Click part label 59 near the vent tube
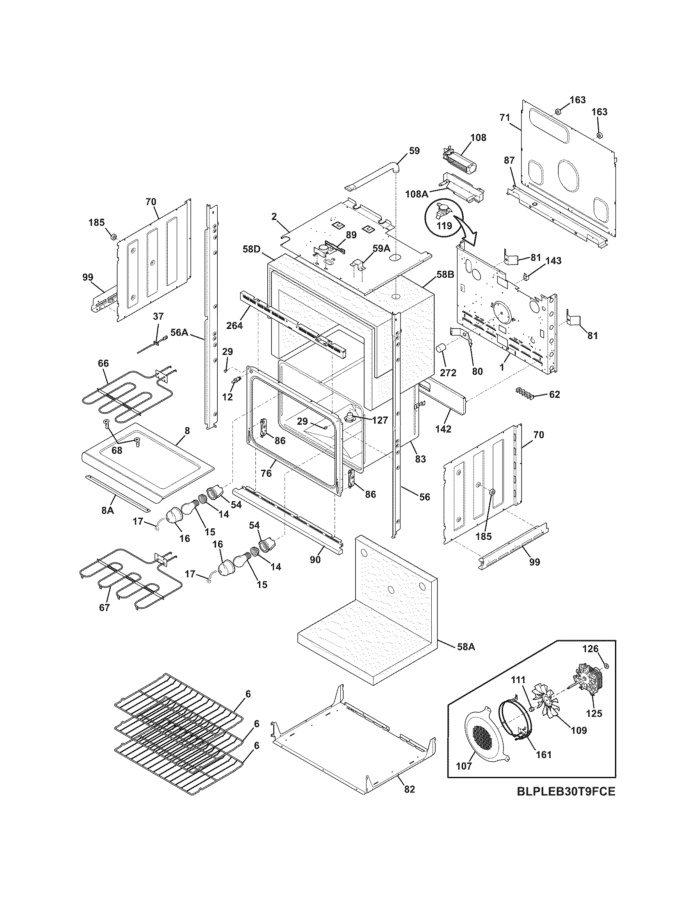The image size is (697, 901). coord(414,151)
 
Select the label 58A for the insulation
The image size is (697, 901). coord(466,647)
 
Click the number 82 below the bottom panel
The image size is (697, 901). coord(409,789)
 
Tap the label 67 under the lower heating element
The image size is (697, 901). coord(105,608)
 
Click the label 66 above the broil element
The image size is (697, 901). coord(103,363)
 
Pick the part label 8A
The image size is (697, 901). coord(107,510)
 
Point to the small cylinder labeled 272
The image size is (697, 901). coord(442,350)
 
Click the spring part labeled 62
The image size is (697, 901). coord(524,393)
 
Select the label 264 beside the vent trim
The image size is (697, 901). coord(234,326)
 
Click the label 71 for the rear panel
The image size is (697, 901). coord(505,118)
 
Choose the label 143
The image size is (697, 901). coord(553,261)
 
